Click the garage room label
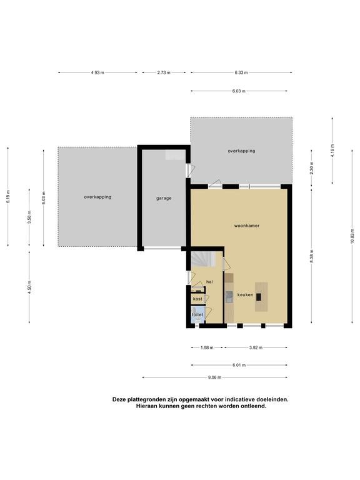164,198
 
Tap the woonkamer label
247,226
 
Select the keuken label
245,295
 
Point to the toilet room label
197,315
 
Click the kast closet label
197,299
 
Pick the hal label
209,282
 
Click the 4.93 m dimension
97,72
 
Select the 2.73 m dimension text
164,72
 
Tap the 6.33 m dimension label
241,72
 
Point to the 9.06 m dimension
214,377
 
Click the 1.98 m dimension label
207,347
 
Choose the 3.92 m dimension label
256,347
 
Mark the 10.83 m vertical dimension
352,236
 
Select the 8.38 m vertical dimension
312,256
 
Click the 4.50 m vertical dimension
29,287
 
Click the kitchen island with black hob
261,297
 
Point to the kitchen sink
229,297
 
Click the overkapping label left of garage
97,197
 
